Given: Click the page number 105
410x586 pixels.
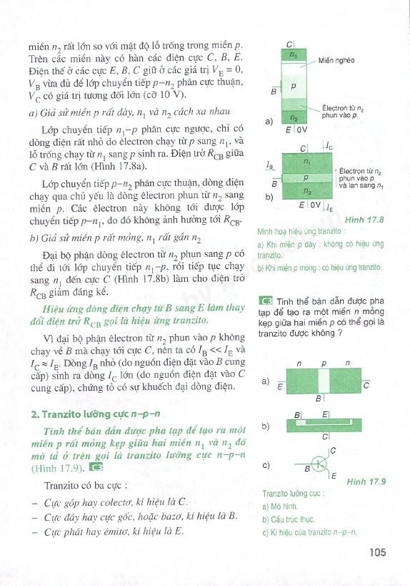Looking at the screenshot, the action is pos(377,552).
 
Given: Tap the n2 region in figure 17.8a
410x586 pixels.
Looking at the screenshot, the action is pos(294,117).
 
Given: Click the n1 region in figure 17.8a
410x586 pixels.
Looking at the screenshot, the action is pos(294,54).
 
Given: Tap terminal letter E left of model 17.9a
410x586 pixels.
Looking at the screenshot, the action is pos(279,387).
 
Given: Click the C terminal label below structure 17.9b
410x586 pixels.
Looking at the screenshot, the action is pos(326,436).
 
